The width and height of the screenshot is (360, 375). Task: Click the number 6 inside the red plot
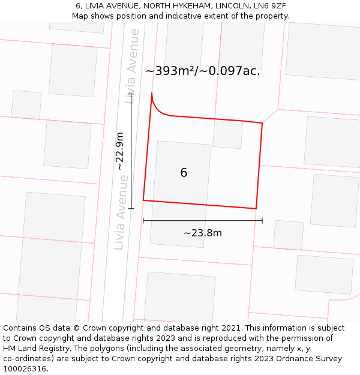[x=184, y=173]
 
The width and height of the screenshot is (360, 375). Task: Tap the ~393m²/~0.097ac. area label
[x=203, y=71]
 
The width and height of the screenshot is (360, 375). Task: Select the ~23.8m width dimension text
[x=203, y=233]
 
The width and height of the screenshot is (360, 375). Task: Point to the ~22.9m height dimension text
[x=121, y=151]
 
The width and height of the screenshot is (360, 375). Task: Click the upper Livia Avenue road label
[x=133, y=66]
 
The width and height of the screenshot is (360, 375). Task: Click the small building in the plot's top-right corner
[x=228, y=134]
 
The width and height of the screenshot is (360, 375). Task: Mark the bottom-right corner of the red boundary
[x=256, y=209]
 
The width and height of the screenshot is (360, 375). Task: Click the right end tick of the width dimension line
[x=262, y=221]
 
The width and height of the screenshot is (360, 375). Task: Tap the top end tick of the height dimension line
[x=131, y=94]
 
